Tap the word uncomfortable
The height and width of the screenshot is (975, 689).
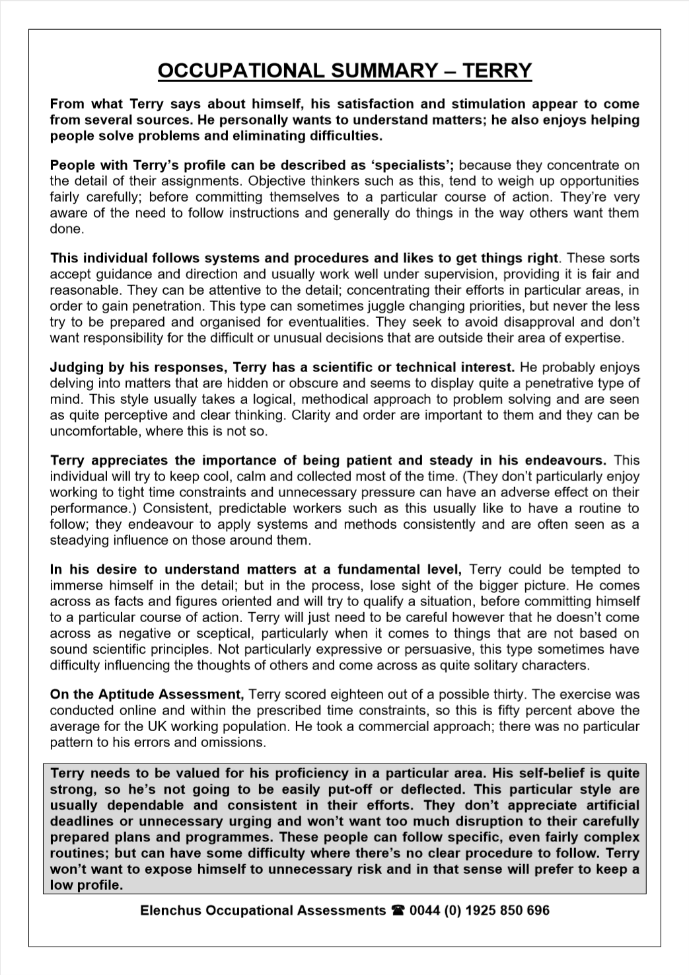(92, 432)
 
